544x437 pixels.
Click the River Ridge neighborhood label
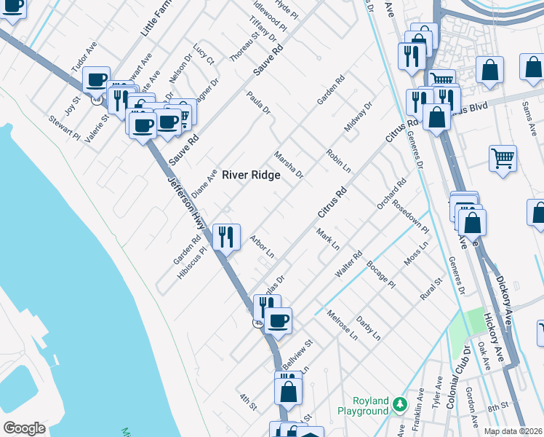coord(251,175)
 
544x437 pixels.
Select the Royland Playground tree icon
coord(399,403)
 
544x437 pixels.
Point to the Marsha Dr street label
coord(288,165)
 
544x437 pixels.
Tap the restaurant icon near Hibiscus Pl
coord(226,236)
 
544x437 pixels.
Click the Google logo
coord(24,428)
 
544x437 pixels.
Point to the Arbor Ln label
coord(261,247)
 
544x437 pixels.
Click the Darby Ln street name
coord(368,328)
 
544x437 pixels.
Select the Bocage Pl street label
coord(380,273)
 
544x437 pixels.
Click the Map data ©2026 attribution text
coord(513,431)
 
